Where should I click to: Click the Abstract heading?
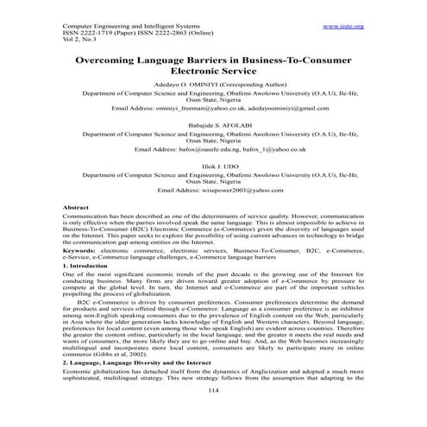81,209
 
